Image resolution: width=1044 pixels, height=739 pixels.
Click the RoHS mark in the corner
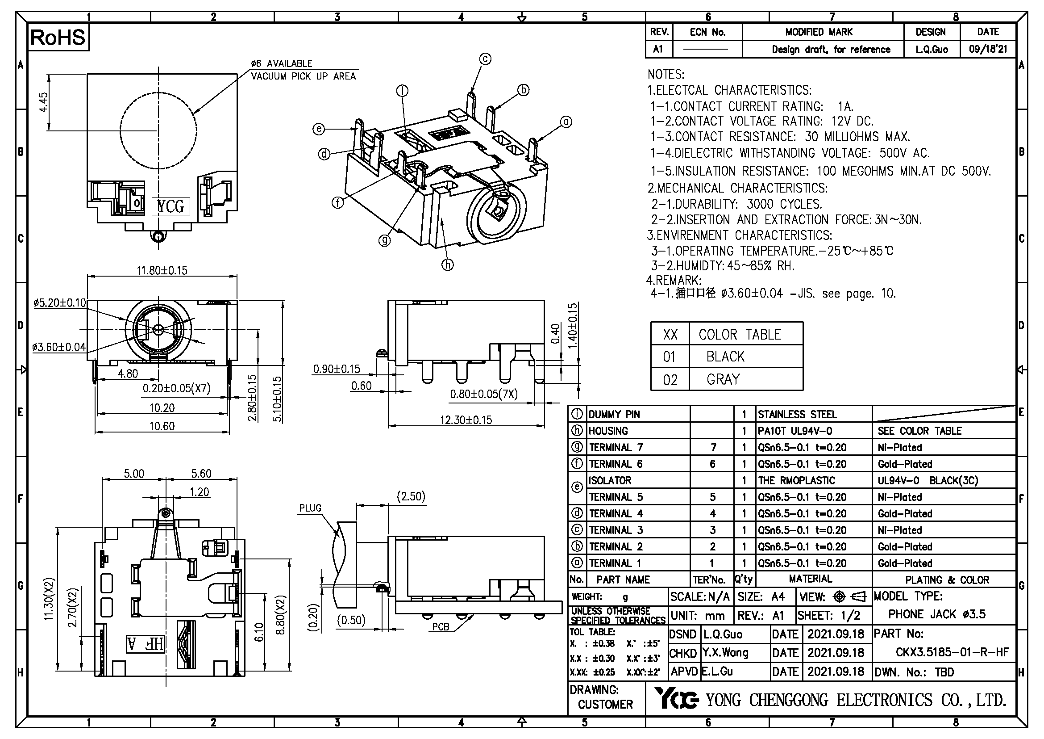pos(58,38)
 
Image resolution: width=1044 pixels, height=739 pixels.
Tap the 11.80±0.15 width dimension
pos(162,271)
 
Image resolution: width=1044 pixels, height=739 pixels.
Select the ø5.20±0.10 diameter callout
pos(59,303)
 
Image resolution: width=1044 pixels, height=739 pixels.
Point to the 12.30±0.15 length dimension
pos(466,420)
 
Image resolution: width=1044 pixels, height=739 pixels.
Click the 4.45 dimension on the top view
pos(43,102)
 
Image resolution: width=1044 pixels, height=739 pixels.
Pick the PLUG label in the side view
pos(310,508)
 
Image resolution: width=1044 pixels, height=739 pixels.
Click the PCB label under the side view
pos(440,627)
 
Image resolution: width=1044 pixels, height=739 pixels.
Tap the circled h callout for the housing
pos(447,265)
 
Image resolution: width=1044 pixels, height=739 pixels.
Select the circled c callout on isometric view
pos(485,59)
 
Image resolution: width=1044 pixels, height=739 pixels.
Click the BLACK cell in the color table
pos(725,357)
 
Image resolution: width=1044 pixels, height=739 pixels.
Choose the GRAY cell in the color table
pos(723,379)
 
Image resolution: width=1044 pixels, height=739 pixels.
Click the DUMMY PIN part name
pos(614,415)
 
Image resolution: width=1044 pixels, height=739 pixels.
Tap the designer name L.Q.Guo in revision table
pos(932,50)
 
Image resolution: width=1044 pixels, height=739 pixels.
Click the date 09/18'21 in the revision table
pos(988,50)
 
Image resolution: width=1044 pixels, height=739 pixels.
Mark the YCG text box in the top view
pos(171,206)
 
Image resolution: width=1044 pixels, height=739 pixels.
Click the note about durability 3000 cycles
pos(736,204)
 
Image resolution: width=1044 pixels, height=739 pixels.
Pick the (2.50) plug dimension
pos(411,496)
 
